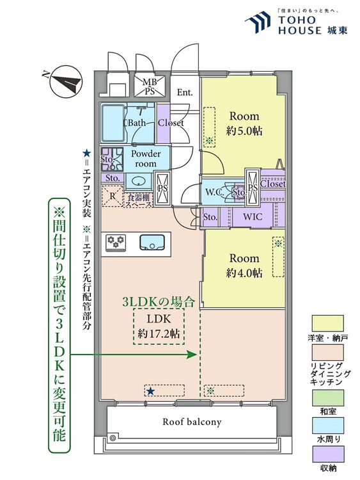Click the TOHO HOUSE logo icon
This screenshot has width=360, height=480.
[258, 21]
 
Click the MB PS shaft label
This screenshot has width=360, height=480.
[150, 86]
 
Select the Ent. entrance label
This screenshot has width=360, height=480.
[184, 92]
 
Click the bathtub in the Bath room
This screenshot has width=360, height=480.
[113, 122]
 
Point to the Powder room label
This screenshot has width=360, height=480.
[146, 158]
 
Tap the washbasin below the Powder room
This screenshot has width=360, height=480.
[139, 182]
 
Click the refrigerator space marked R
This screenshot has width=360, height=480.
[113, 196]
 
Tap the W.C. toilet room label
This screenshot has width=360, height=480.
[214, 192]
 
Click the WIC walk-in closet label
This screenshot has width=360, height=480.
[253, 217]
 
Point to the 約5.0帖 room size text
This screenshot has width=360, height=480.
[244, 131]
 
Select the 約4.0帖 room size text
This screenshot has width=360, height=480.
[244, 273]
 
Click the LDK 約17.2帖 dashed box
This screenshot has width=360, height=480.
[159, 326]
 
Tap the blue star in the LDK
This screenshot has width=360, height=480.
[150, 391]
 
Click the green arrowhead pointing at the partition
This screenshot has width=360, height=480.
[192, 355]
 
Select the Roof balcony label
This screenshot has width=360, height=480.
[192, 422]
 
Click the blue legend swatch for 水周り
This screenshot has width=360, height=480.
[328, 425]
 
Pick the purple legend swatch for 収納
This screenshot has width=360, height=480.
[328, 454]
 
